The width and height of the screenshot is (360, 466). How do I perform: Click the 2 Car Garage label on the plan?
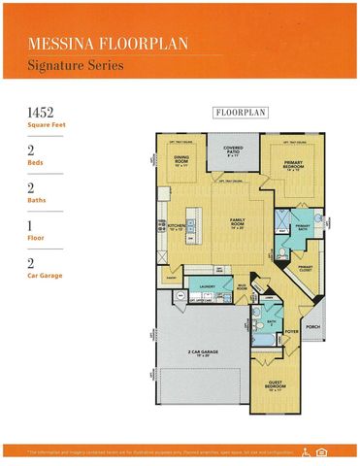click(x=202, y=353)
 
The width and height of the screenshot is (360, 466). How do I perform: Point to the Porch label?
click(x=311, y=327)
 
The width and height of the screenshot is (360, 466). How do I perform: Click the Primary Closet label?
click(x=305, y=267)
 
